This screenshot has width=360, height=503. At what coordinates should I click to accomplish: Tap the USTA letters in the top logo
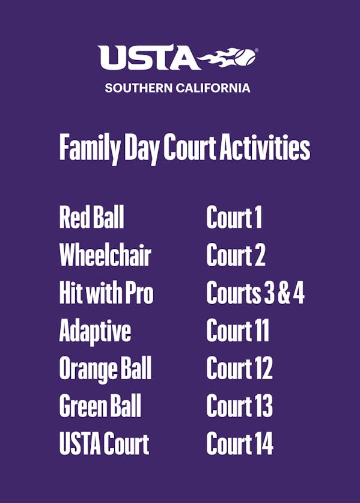pyautogui.click(x=149, y=58)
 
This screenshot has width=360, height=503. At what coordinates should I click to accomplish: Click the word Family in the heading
pyautogui.click(x=90, y=148)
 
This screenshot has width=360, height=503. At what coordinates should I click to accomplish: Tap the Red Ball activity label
pyautogui.click(x=92, y=217)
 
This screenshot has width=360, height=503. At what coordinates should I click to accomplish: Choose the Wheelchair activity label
pyautogui.click(x=105, y=255)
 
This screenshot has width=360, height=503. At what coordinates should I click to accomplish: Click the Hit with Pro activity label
pyautogui.click(x=106, y=292)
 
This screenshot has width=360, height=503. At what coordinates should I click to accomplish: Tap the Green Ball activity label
pyautogui.click(x=100, y=406)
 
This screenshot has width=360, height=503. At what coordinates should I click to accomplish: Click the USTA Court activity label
pyautogui.click(x=105, y=444)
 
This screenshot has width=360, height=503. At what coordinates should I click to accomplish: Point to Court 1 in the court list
pyautogui.click(x=234, y=217)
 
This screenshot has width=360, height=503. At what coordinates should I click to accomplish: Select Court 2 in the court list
pyautogui.click(x=236, y=255)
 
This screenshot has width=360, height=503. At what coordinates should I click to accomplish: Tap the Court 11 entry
pyautogui.click(x=238, y=330)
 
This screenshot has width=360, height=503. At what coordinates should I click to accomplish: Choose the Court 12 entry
pyautogui.click(x=239, y=368)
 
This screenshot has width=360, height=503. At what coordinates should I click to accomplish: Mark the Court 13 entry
pyautogui.click(x=239, y=406)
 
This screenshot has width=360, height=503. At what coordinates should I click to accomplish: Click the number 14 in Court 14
pyautogui.click(x=263, y=444)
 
